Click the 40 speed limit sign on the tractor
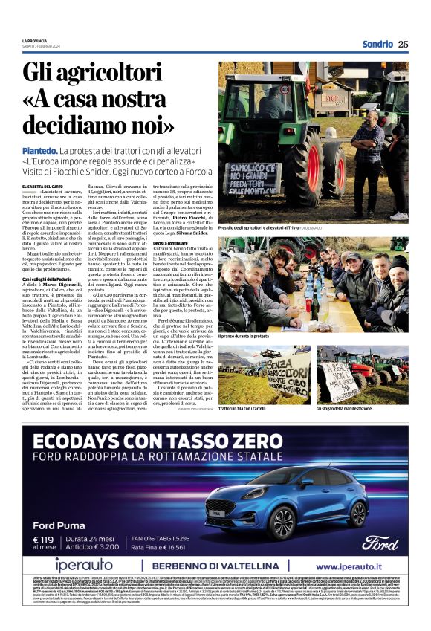304,90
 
